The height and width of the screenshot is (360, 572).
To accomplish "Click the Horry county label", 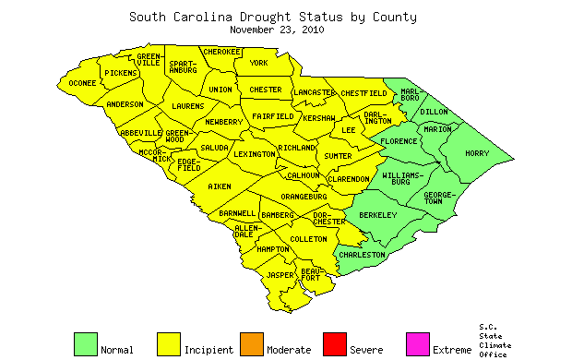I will click(x=477, y=153).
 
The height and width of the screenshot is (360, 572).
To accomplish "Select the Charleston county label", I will click(x=362, y=255).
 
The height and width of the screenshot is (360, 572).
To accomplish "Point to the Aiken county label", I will click(x=219, y=187).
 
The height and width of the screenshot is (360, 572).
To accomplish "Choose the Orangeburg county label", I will click(x=304, y=197).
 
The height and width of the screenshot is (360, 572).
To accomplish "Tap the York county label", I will click(x=258, y=63).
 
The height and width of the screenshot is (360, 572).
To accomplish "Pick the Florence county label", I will click(x=399, y=142).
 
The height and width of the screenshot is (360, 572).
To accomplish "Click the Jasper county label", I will click(x=280, y=275).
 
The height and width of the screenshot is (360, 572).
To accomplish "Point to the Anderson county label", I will click(x=125, y=105).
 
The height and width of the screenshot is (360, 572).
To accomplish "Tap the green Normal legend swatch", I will click(x=85, y=343).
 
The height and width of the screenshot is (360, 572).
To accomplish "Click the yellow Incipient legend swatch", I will click(x=168, y=343).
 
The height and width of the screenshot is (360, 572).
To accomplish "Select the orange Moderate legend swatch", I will click(x=251, y=343).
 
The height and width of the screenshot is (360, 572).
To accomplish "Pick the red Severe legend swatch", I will click(x=334, y=343).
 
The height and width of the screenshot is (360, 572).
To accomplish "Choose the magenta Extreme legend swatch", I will click(x=417, y=343).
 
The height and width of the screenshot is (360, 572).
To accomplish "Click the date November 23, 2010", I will click(x=276, y=30).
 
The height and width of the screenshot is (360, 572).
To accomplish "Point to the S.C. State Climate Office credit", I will click(x=494, y=341).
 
